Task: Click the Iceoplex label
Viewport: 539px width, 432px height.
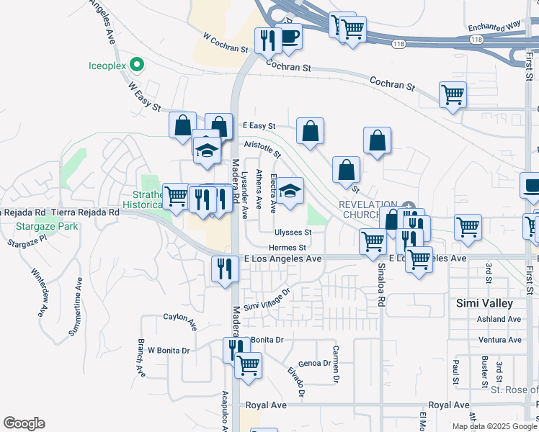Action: [107, 66]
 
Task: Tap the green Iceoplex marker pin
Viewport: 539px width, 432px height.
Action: [135, 66]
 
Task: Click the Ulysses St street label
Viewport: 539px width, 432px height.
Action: [293, 233]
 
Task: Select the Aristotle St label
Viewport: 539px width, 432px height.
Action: [262, 149]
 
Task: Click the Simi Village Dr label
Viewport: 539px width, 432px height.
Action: [266, 300]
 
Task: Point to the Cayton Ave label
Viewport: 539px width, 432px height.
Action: [180, 320]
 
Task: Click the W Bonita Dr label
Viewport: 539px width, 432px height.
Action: [169, 351]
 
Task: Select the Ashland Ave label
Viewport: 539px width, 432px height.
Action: [499, 319]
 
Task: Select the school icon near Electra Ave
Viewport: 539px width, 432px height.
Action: [290, 192]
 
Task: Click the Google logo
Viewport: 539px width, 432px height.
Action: [24, 423]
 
